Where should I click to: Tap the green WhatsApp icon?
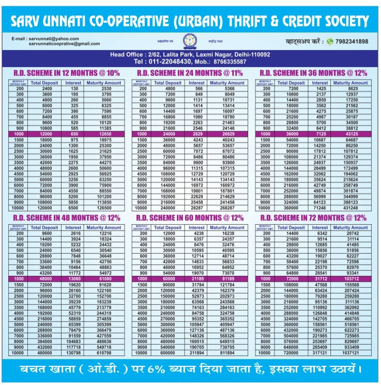329,41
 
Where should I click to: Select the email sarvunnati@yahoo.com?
52,39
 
